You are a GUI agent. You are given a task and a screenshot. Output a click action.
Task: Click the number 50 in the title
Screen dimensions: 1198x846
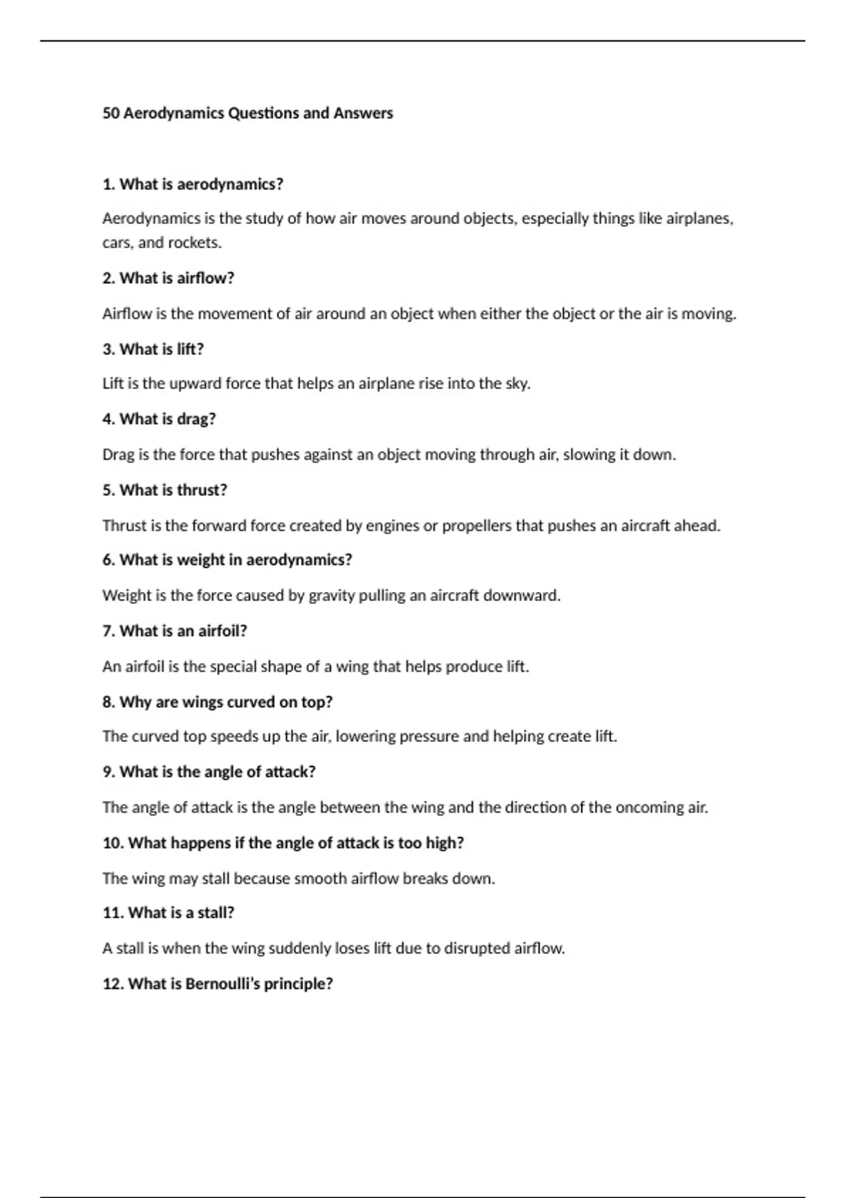click(x=111, y=113)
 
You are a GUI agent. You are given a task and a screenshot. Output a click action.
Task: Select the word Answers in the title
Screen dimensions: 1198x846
click(x=363, y=113)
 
